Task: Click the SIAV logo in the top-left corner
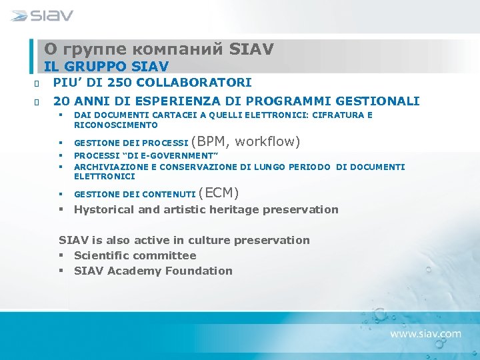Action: (42, 15)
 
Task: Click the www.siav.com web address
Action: (425, 333)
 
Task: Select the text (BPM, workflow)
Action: (245, 141)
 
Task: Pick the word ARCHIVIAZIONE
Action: (106, 167)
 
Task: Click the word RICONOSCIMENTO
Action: (115, 125)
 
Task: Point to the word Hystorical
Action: (106, 209)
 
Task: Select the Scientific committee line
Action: (135, 255)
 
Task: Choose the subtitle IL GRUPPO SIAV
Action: (106, 67)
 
